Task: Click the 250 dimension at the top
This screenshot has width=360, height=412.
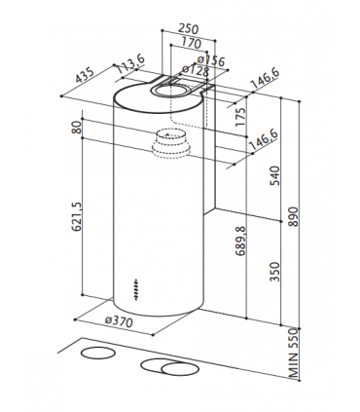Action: click(x=190, y=31)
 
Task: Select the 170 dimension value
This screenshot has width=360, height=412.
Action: click(x=190, y=46)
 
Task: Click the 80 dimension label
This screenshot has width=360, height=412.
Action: click(x=75, y=129)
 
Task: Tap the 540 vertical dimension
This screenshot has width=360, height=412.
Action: click(x=274, y=175)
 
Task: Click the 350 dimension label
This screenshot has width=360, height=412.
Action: click(x=274, y=270)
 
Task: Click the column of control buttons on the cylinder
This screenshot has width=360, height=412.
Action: click(x=136, y=289)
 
